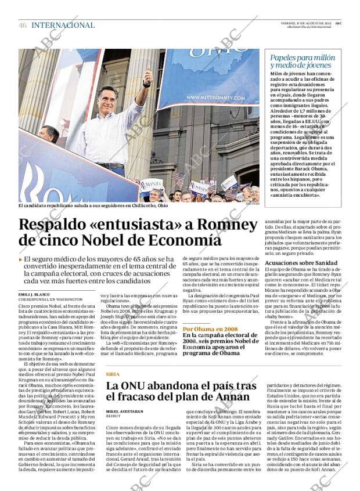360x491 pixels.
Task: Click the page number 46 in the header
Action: (23, 25)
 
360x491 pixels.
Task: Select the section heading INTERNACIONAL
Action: (63, 25)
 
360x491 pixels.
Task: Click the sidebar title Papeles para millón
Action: (303, 57)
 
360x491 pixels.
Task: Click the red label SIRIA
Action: (113, 374)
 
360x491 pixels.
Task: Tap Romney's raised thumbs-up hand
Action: (147, 76)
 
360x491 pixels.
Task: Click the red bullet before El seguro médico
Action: (21, 260)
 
